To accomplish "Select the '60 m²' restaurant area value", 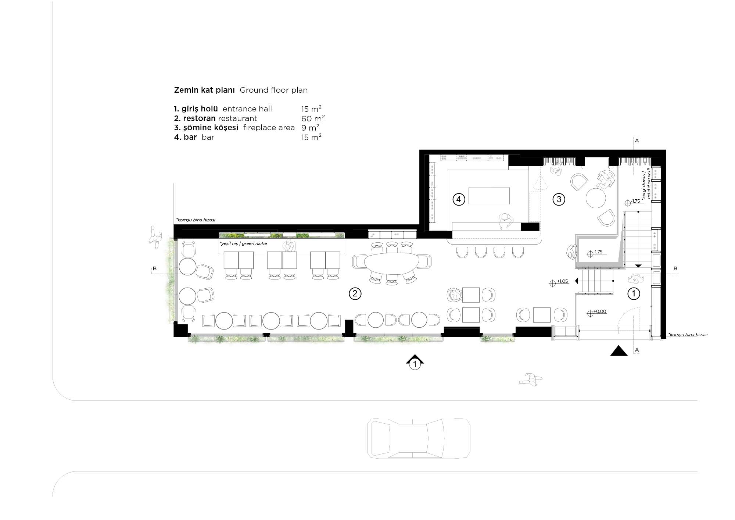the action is (313, 118).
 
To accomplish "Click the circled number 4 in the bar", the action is (459, 199).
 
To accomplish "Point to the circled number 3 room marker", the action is (559, 199).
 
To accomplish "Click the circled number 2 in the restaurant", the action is (355, 293).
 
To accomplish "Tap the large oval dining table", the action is (391, 262).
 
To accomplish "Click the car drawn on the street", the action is (419, 438).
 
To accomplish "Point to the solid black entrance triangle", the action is (619, 351).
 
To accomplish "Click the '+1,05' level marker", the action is (559, 282).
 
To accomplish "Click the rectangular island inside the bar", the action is (489, 196).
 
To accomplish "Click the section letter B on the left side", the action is (155, 269).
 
